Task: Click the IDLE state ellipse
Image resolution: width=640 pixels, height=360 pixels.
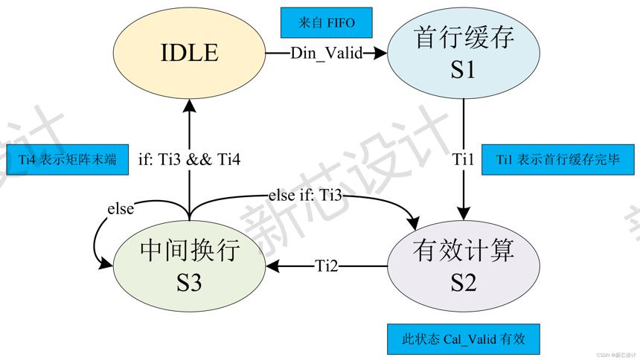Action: tap(189, 53)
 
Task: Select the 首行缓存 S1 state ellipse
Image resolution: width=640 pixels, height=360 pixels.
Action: tap(464, 53)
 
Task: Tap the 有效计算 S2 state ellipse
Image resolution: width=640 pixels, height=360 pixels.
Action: tap(464, 266)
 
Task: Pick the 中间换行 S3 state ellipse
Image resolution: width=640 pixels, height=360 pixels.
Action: tap(189, 266)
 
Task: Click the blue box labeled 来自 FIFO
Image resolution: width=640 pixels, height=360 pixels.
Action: tap(327, 22)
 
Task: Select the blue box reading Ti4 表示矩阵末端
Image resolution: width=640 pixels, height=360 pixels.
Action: tap(67, 160)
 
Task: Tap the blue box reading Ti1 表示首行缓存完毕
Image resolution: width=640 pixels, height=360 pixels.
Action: tap(558, 160)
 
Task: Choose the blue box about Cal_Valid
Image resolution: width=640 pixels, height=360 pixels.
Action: tap(464, 339)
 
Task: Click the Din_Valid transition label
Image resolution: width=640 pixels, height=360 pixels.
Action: tap(327, 53)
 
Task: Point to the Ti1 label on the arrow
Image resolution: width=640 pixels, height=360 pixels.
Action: tap(464, 160)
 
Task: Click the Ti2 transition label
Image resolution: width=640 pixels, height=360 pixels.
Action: tap(327, 266)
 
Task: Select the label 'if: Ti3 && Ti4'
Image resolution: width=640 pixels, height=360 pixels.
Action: tap(189, 160)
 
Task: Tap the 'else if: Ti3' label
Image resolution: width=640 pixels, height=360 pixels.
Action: tap(305, 195)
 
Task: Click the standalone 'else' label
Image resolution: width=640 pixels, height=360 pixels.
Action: tap(121, 209)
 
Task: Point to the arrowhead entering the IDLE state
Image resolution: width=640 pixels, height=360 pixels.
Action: tap(189, 106)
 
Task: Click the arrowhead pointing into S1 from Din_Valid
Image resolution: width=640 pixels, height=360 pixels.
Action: tap(380, 53)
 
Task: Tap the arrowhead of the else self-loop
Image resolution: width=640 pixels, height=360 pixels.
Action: tap(106, 265)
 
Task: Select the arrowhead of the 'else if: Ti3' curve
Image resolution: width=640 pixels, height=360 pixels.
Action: tap(414, 224)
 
